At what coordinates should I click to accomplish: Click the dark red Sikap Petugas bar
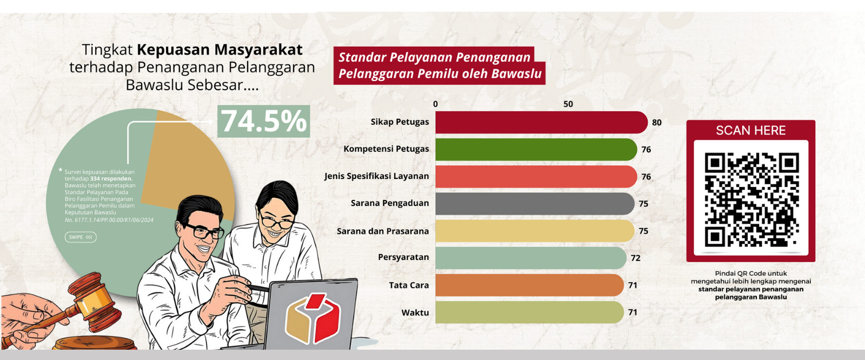coord(541,123)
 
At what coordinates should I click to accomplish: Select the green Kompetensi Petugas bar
coord(536,150)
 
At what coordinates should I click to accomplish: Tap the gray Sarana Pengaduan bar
coord(535,204)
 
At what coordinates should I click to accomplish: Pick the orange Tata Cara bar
coord(529,285)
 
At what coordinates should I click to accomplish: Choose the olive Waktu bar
coord(529,312)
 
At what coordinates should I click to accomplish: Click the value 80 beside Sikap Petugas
coord(656,123)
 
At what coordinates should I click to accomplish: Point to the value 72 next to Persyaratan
coord(636,258)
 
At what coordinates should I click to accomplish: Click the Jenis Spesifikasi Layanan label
coord(376,177)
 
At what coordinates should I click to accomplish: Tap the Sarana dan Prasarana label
coord(383,231)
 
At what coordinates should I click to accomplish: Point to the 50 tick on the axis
coord(568,104)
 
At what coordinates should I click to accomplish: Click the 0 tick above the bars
coord(436,104)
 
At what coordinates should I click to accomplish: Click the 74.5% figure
coord(264,121)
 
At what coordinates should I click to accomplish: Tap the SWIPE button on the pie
coord(81,237)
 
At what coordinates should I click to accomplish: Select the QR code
coord(751,199)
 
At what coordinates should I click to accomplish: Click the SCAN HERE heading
coord(751,131)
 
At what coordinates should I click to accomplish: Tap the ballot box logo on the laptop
coord(313,319)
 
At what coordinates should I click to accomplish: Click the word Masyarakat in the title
coord(258,50)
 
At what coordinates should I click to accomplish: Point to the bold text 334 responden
coord(111,179)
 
